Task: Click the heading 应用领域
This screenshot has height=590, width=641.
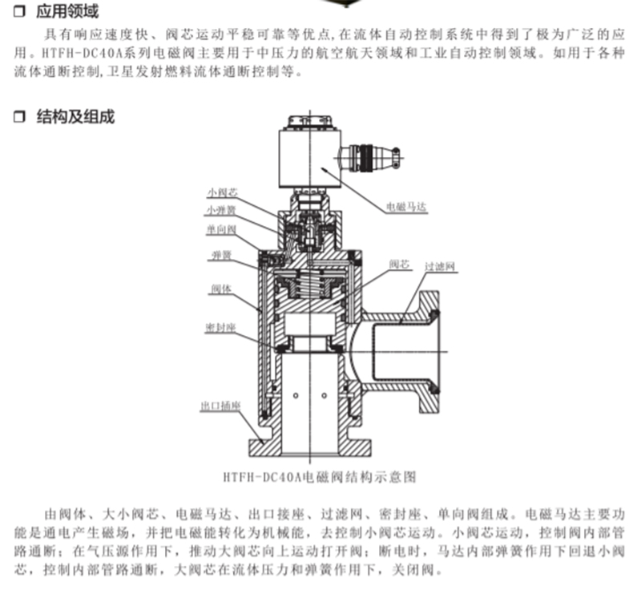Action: coord(67,11)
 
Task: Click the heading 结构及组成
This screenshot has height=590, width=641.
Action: coord(75,116)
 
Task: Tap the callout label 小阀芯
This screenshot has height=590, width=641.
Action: coord(222,192)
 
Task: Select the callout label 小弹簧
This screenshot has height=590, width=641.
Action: coord(221,210)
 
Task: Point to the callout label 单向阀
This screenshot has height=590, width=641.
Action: coord(221,229)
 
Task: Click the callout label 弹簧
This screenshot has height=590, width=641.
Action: coord(222,256)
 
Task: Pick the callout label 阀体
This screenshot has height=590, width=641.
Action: coord(221,289)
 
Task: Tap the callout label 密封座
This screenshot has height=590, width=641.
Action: coord(221,328)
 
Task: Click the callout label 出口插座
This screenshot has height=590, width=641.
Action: coord(220,406)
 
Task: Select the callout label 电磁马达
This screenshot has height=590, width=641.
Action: coord(407,207)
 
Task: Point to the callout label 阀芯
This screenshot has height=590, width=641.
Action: coord(399,264)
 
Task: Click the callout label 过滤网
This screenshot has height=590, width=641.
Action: coord(440,267)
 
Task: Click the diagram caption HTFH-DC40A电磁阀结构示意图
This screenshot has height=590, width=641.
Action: coord(320,477)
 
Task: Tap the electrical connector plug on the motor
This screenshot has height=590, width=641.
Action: coord(370,156)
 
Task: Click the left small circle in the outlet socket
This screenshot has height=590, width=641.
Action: coord(296,395)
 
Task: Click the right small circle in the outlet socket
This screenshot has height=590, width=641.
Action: coord(325,395)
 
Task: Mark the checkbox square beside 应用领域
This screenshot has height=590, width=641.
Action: coord(19,11)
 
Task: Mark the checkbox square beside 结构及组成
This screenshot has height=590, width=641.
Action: coord(19,117)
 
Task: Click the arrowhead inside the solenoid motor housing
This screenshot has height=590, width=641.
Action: coord(325,169)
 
